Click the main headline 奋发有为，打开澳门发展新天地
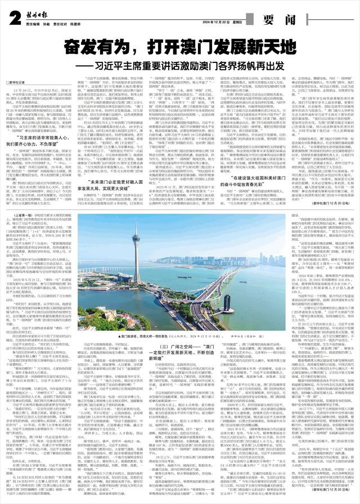(x=180, y=46)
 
